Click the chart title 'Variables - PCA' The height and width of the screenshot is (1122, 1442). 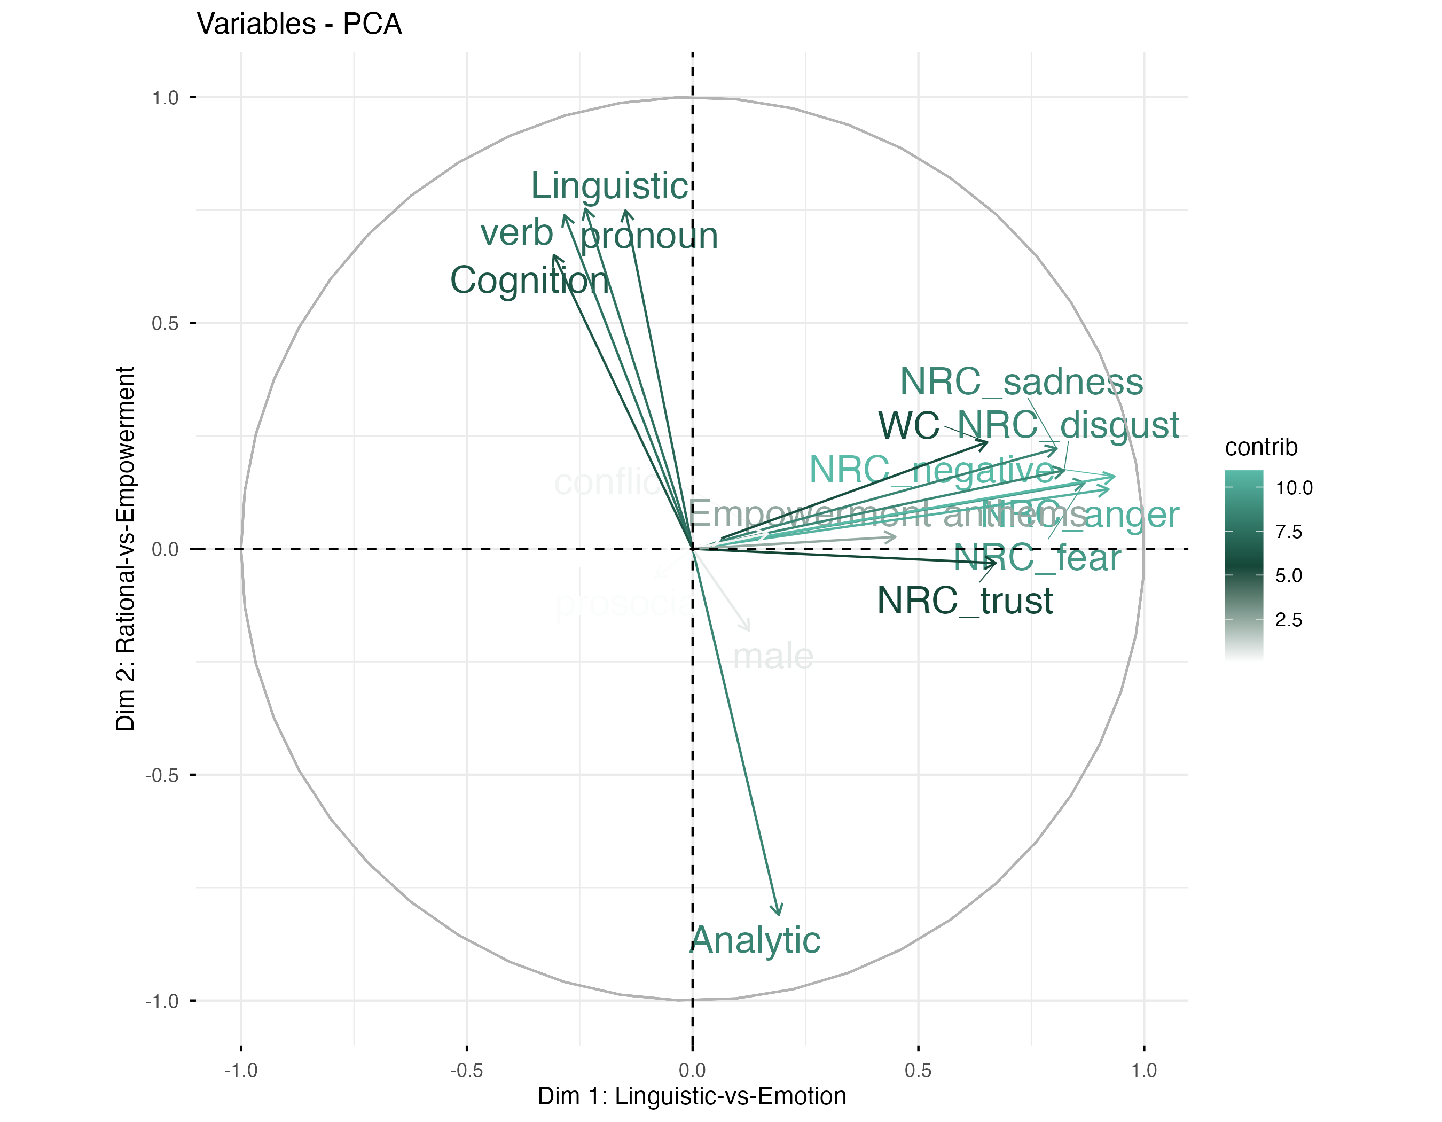(x=299, y=25)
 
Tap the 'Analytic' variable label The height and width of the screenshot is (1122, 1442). (x=755, y=940)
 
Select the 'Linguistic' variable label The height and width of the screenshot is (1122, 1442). (x=609, y=186)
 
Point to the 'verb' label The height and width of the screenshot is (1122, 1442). (x=516, y=232)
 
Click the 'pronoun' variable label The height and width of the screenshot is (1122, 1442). (x=649, y=236)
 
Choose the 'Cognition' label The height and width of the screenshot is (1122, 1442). (x=529, y=280)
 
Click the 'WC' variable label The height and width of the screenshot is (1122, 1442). (x=908, y=425)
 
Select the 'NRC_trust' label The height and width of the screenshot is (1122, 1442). (x=965, y=602)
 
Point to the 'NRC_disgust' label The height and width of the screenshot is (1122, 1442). (x=1068, y=425)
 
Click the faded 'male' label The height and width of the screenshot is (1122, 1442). (x=772, y=657)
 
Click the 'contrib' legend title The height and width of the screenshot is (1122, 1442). (x=1260, y=448)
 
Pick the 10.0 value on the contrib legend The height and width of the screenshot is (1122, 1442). (x=1294, y=489)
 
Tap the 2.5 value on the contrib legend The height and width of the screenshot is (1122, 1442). (x=1288, y=620)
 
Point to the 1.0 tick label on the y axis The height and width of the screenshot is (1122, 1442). (x=165, y=98)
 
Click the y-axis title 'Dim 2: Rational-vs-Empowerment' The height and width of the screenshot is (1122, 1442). (x=126, y=548)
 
